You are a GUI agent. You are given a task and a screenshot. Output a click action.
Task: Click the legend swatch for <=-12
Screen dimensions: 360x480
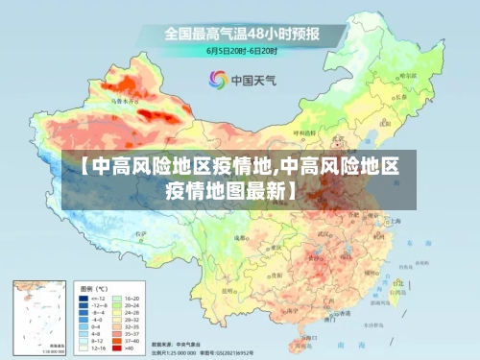coord(85,299)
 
